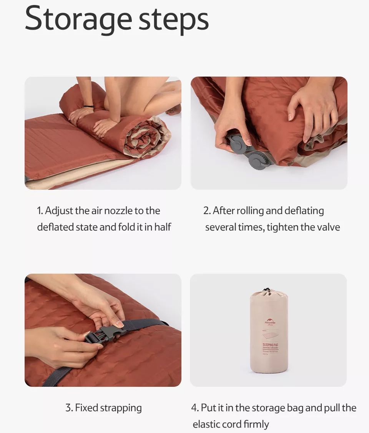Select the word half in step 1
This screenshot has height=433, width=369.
[163, 227]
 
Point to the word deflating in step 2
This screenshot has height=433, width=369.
[304, 211]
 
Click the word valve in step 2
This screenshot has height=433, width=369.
[328, 227]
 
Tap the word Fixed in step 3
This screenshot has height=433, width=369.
[87, 408]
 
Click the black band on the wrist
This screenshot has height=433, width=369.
[89, 106]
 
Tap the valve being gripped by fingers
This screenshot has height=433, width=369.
[237, 144]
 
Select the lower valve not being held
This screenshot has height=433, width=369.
[256, 160]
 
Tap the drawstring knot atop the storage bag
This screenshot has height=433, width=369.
[266, 289]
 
